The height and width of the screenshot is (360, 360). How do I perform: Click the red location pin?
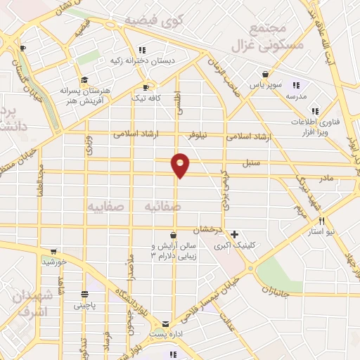tap(181, 164)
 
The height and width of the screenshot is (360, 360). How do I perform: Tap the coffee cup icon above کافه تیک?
tap(146, 88)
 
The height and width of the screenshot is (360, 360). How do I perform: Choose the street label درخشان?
tap(209, 229)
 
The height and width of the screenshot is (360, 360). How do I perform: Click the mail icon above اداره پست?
tap(165, 324)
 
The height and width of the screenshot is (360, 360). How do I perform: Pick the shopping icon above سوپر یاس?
tap(265, 74)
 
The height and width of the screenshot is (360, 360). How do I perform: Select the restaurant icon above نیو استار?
tap(322, 220)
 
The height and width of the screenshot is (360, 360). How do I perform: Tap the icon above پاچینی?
tap(84, 295)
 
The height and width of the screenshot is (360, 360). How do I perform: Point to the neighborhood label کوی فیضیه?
tap(151, 22)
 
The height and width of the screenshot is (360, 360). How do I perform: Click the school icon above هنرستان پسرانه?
tap(84, 79)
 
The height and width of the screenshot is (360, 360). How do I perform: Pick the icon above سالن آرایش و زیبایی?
tap(174, 235)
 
